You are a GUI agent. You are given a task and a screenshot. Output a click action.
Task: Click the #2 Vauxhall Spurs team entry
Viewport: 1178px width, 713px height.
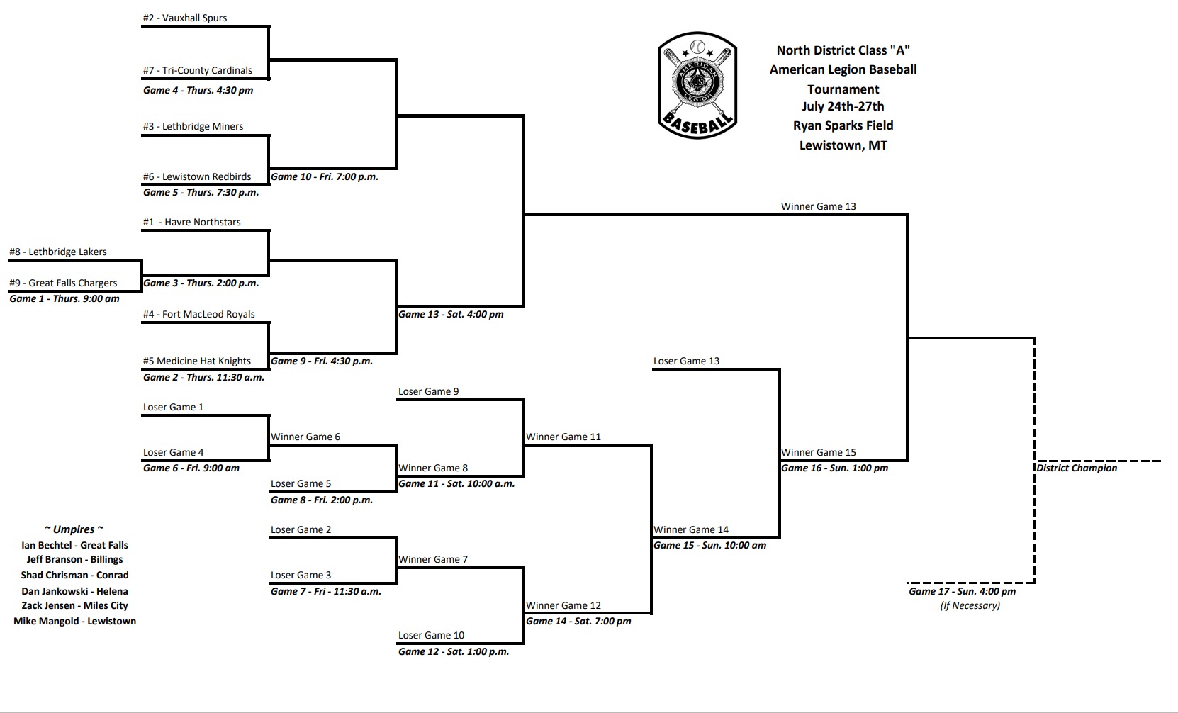point(185,18)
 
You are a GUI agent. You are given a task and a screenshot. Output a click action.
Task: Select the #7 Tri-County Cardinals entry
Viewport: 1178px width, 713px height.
point(197,71)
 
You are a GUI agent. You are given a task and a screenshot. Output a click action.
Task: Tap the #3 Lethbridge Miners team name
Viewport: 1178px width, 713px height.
point(193,127)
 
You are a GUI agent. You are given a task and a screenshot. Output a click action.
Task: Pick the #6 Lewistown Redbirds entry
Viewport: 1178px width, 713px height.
point(197,177)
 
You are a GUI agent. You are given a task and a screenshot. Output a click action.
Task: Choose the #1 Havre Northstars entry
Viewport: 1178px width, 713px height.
point(191,223)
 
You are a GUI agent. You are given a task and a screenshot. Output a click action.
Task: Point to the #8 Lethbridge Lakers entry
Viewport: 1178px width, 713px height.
point(58,252)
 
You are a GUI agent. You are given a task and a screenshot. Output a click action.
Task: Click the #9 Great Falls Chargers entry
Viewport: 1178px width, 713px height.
point(63,283)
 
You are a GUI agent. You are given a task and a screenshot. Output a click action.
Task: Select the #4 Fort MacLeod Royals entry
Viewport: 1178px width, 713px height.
point(198,315)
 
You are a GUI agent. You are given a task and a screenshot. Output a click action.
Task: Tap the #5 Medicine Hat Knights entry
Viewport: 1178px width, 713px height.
point(197,361)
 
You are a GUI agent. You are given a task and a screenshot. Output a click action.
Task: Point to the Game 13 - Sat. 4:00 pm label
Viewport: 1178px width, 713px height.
point(451,315)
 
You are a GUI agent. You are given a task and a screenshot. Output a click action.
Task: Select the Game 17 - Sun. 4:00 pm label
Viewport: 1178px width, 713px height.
point(962,592)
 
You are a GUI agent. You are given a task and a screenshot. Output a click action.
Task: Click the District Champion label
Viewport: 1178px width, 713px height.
point(1077,468)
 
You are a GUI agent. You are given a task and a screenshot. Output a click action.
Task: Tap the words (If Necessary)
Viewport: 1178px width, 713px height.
point(970,606)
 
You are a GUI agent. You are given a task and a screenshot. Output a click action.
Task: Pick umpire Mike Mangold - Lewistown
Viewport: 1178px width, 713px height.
point(74,622)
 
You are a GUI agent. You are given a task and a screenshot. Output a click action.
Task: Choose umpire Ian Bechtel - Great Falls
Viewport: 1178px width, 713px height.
point(74,546)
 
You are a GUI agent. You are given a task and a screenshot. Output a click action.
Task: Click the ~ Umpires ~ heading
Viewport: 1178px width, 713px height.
point(74,529)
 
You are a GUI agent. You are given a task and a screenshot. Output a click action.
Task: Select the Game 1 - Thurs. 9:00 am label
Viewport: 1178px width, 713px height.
point(64,299)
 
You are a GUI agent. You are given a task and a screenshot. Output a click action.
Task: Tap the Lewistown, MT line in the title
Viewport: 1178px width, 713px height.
point(843,146)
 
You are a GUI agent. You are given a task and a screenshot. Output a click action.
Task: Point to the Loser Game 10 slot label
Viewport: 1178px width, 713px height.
point(431,636)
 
